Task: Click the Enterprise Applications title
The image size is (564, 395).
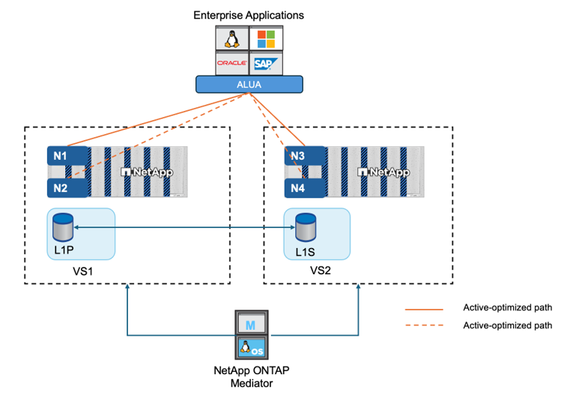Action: click(249, 14)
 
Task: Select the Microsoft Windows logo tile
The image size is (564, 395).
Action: click(267, 38)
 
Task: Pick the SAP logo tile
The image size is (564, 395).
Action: click(267, 63)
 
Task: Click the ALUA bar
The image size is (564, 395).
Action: click(249, 85)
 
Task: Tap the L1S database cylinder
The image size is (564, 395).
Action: click(304, 225)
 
